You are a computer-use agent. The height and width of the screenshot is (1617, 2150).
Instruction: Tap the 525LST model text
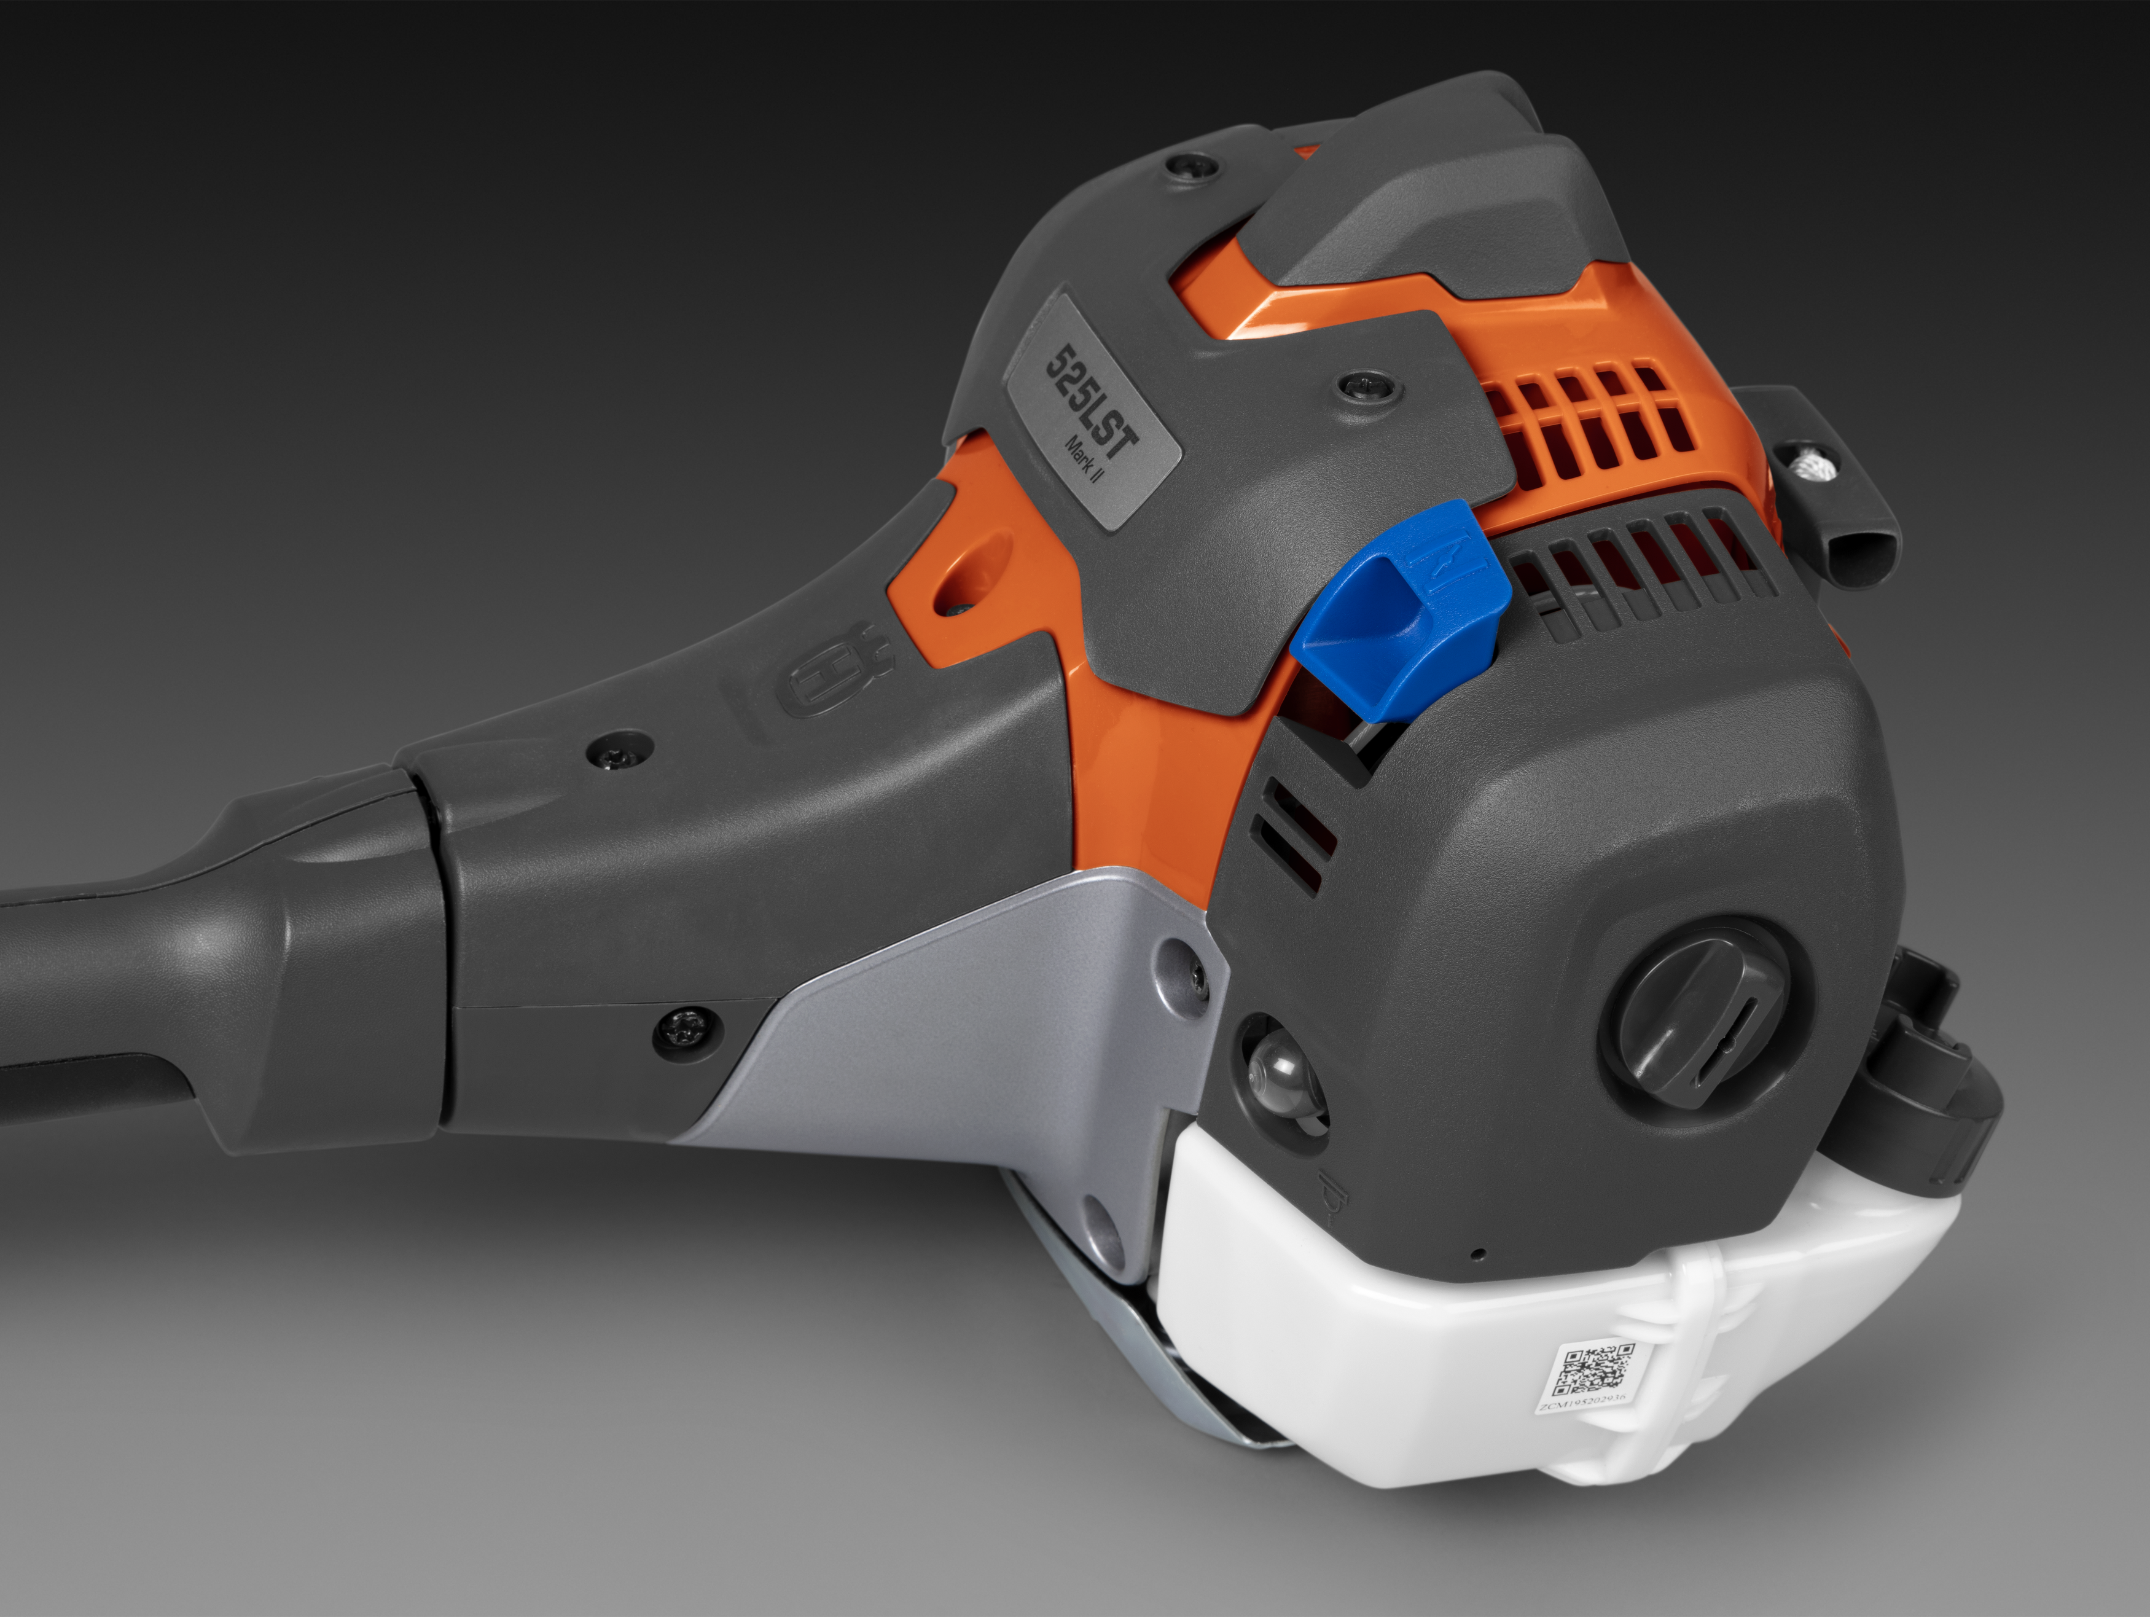click(x=1090, y=401)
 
